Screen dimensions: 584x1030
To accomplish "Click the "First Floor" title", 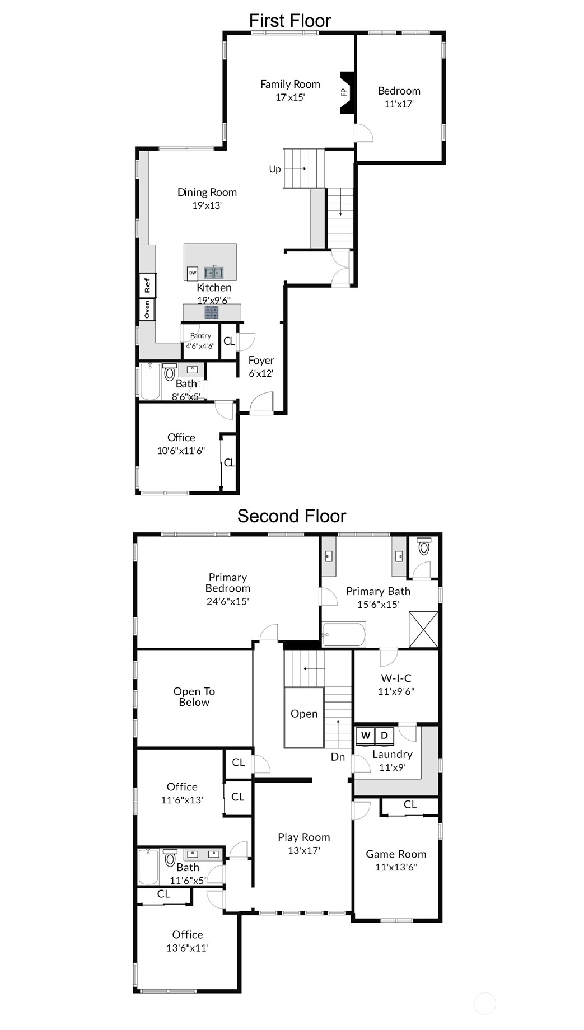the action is pos(290,21).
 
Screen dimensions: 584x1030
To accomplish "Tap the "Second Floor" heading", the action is pos(292,516).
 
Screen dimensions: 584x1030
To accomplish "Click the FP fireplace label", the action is pos(344,93).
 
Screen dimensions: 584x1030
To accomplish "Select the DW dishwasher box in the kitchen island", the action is pos(193,273).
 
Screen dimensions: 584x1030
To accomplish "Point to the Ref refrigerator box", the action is pos(147,285).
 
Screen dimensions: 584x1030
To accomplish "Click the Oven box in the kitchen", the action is pos(147,310).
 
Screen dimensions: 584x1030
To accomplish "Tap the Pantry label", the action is pos(200,336).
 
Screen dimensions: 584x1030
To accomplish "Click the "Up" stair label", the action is pos(275,169).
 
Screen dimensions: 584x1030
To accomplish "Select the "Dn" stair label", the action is pos(338,757).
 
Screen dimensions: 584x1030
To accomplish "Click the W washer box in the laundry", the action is pos(366,736).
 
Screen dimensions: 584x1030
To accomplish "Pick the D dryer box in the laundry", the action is pos(384,736).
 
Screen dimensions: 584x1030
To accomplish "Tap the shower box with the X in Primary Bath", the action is pos(423,630).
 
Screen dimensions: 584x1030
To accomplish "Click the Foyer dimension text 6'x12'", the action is pos(261,373).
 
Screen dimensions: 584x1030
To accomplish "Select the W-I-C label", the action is pos(396,678).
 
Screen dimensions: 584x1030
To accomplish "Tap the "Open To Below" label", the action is pos(194,697).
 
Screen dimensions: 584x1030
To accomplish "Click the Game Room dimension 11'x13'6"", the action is pos(396,867).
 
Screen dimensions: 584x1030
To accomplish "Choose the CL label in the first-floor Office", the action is pos(230,462).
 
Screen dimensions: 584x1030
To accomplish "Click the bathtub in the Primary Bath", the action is pos(344,634).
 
